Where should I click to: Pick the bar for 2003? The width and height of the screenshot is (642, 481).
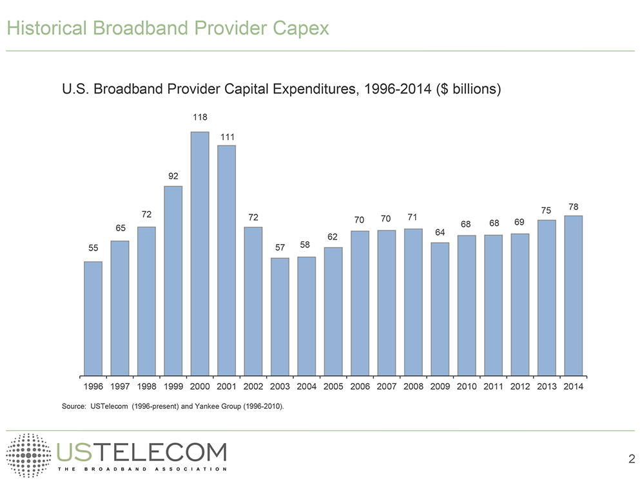[280, 316]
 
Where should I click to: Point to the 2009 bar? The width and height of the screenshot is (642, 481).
[440, 308]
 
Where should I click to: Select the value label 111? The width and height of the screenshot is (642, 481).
[226, 137]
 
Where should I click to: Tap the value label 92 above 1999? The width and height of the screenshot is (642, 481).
[173, 175]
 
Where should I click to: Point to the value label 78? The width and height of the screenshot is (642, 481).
[573, 207]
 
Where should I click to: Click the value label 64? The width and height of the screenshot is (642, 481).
[440, 232]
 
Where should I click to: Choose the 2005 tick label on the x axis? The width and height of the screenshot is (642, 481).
[333, 387]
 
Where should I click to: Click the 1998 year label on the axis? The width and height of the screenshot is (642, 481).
[147, 387]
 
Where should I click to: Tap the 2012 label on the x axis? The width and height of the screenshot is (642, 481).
[520, 387]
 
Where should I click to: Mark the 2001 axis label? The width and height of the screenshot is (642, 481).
[226, 387]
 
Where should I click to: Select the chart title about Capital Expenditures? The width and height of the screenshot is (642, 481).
[281, 90]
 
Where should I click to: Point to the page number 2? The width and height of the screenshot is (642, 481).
[631, 459]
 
